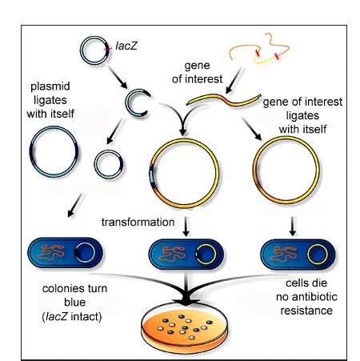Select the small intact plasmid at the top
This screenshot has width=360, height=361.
click(x=93, y=49)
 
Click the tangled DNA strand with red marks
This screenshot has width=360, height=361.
click(x=263, y=51)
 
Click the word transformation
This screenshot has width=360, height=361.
click(x=138, y=221)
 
